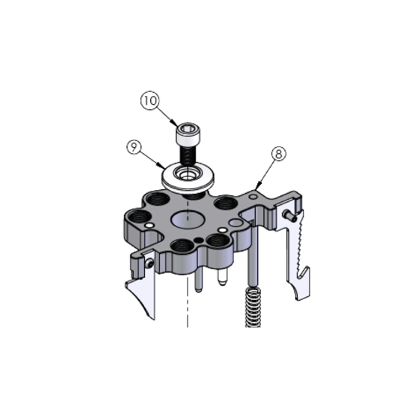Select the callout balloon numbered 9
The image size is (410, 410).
tap(135, 148)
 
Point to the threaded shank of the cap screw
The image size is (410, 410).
tap(187, 155)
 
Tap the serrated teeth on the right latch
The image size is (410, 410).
tap(296, 241)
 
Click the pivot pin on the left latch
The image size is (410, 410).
tap(149, 263)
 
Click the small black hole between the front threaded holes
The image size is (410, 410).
tap(198, 240)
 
